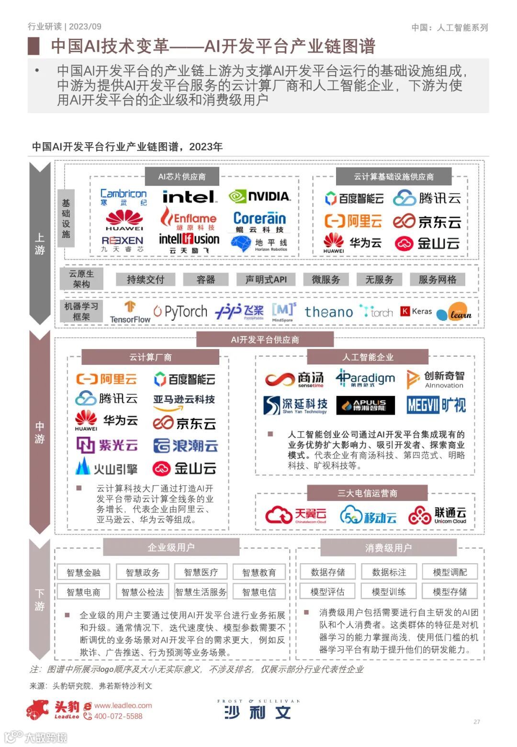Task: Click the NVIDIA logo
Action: tap(259, 196)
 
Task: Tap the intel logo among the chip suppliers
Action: tap(189, 197)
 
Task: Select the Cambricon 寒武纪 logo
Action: tap(124, 197)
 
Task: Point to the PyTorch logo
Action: tap(180, 312)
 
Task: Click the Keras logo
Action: tap(416, 312)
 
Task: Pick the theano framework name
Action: tap(328, 312)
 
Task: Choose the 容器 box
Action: tap(206, 280)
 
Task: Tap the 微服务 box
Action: tap(326, 280)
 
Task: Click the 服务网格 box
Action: tap(437, 280)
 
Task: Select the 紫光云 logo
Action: tap(107, 446)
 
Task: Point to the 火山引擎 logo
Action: tap(106, 467)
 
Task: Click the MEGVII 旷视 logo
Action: tap(436, 405)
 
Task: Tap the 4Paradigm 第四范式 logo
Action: tap(365, 378)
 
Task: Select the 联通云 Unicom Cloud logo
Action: tap(437, 515)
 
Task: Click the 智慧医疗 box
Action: tap(201, 572)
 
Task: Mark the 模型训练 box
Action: tap(388, 592)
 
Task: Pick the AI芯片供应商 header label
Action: tap(182, 177)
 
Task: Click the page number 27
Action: tap(476, 722)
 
